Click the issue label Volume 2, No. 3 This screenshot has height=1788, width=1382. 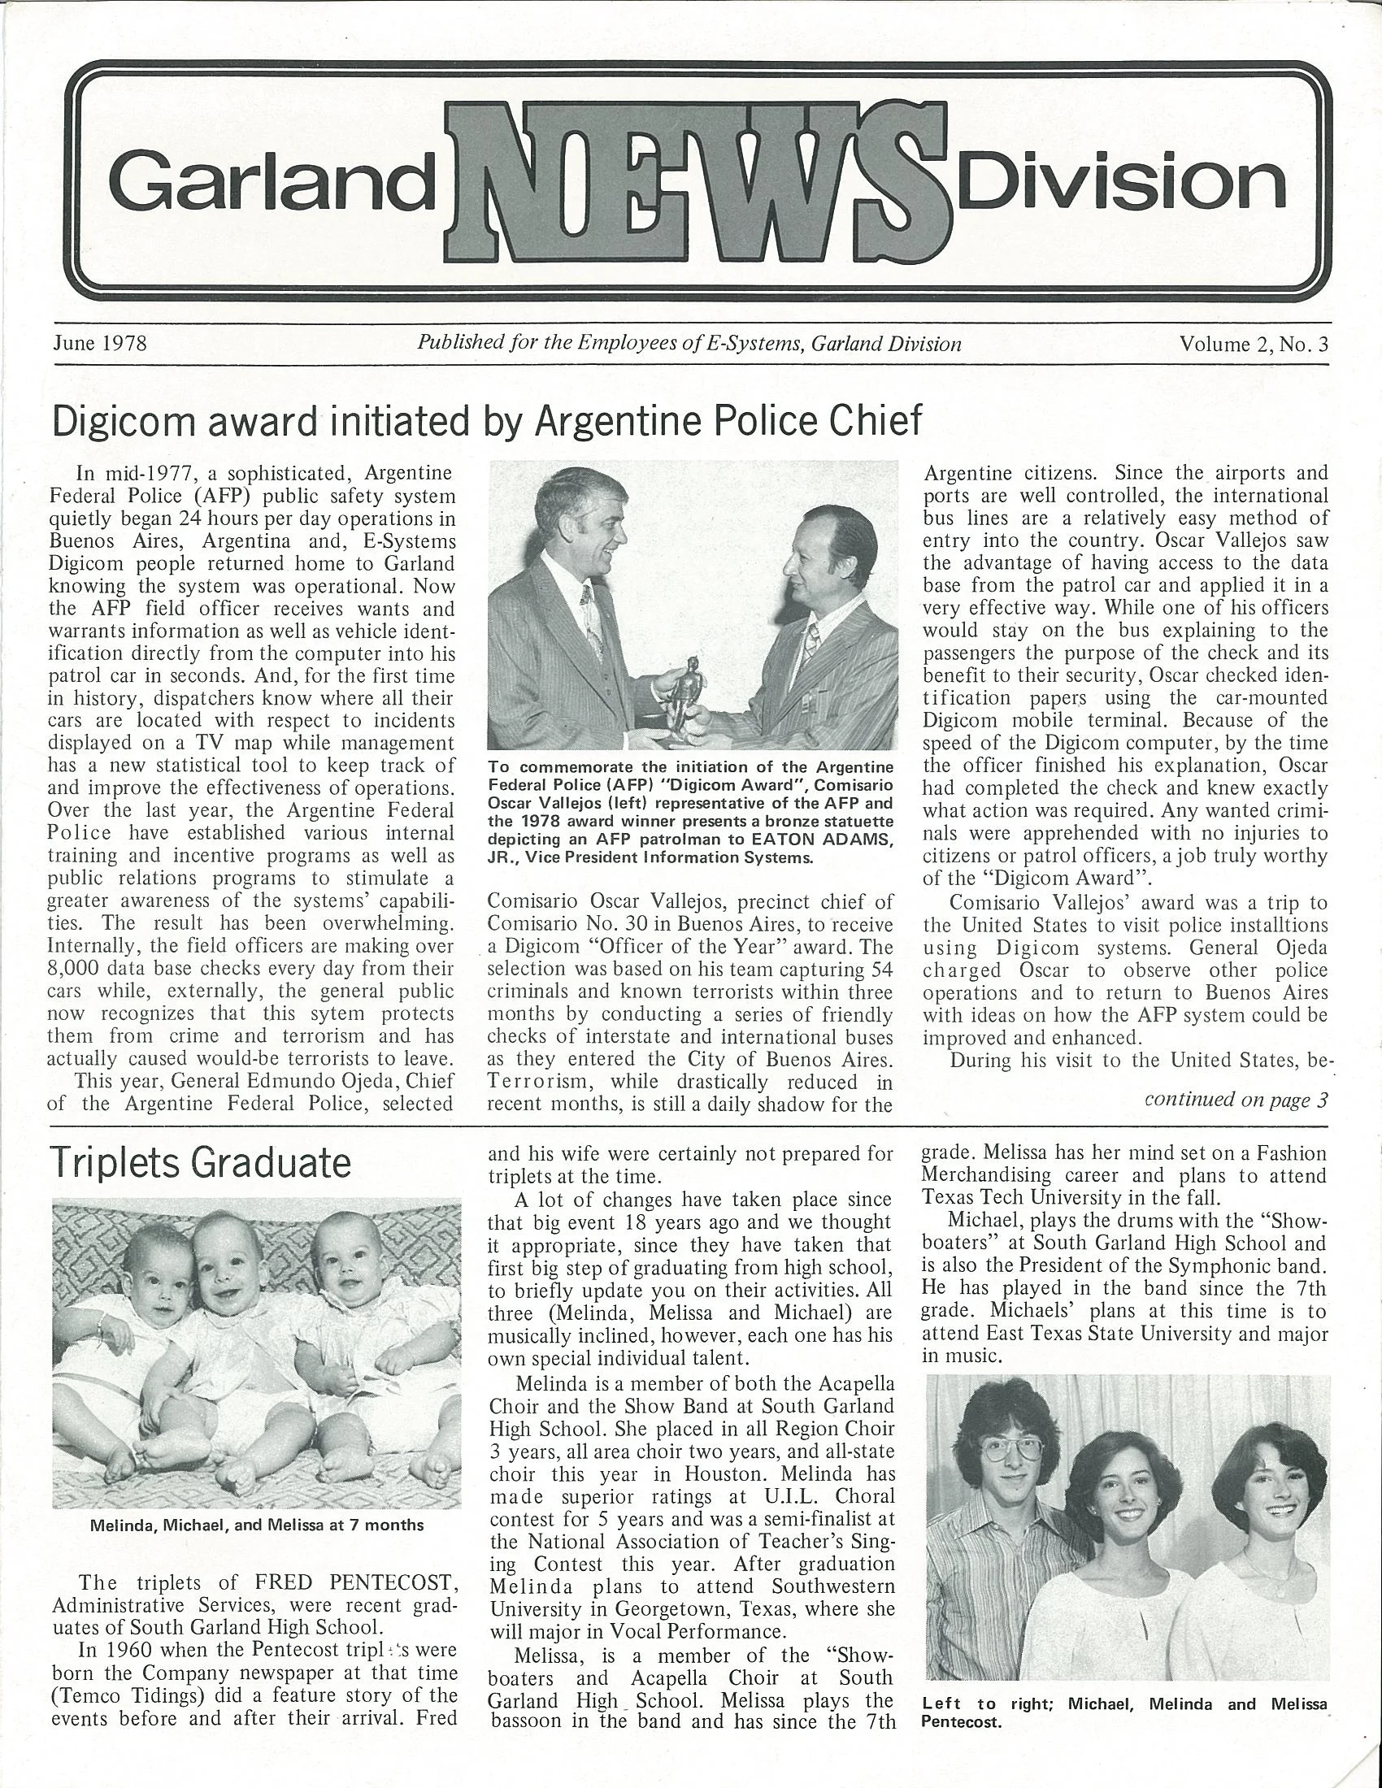tap(1253, 345)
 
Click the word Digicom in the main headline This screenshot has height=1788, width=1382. tap(128, 421)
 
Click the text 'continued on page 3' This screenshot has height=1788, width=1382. tap(1235, 1100)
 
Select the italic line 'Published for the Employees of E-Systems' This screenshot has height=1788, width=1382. tap(689, 344)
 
